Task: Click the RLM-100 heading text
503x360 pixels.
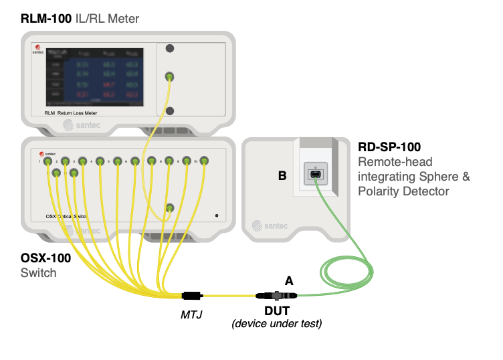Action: click(45, 19)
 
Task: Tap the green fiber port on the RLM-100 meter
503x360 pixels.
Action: click(170, 77)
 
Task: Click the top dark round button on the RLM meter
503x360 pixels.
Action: click(170, 49)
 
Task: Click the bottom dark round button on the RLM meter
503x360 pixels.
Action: click(170, 110)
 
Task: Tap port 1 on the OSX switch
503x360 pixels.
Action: click(48, 161)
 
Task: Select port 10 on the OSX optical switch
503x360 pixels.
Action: click(205, 161)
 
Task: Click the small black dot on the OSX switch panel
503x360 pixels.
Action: click(217, 215)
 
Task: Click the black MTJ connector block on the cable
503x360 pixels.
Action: click(193, 295)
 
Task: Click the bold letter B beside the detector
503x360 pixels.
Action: click(282, 176)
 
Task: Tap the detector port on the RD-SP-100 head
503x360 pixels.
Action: click(315, 175)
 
